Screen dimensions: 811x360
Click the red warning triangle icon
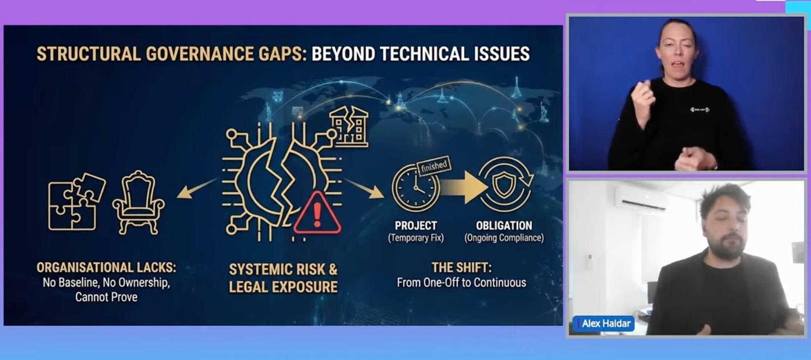coord(317,213)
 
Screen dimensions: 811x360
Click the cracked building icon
coord(349,126)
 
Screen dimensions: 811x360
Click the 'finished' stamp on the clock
coord(434,166)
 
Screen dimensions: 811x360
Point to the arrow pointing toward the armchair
coord(197,188)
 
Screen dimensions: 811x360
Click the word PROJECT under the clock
coord(416,226)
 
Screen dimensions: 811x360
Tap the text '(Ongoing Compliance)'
coord(504,238)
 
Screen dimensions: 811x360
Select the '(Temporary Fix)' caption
coord(416,238)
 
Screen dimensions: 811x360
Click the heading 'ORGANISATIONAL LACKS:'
coord(106,268)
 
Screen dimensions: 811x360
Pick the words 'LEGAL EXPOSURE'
coord(283,287)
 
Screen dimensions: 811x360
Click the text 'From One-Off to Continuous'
coord(461,283)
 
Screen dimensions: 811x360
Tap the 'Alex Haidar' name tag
coord(604,324)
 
